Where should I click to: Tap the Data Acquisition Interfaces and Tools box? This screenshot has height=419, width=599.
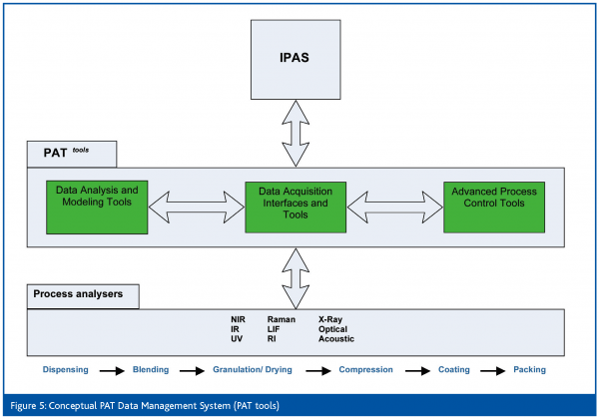[296, 204]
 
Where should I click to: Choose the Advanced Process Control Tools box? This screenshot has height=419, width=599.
[494, 204]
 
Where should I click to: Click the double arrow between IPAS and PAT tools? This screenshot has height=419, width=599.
[296, 130]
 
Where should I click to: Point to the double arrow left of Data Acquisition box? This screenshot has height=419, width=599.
[196, 205]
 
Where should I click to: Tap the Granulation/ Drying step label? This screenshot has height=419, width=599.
[252, 369]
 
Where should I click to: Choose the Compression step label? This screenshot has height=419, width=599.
[365, 369]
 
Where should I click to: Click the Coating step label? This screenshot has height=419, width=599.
[454, 369]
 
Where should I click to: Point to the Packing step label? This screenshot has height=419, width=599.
[530, 369]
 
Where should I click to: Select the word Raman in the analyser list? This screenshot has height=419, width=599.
[282, 318]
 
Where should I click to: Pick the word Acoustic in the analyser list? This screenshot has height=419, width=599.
[336, 338]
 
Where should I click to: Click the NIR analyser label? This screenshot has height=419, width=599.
[239, 318]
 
